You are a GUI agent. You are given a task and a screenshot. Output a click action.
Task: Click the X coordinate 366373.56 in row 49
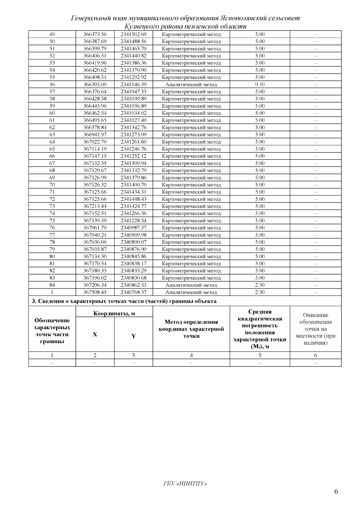[x=95, y=34]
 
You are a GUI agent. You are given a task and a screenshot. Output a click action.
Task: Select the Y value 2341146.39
[x=133, y=85]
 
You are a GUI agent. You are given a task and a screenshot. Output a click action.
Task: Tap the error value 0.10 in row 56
[x=260, y=85]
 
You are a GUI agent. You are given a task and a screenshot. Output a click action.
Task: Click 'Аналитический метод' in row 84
[x=191, y=285]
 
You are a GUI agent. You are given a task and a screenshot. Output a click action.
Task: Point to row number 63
[x=52, y=135]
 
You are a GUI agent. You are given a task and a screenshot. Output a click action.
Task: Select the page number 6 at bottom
[x=336, y=491]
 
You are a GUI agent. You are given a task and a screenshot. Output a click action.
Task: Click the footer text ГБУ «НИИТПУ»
[x=185, y=484]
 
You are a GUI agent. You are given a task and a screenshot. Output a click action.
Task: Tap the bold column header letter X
[x=95, y=334]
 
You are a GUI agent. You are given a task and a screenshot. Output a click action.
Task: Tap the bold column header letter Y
[x=133, y=336]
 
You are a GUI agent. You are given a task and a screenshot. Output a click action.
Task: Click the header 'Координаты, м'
[x=114, y=314]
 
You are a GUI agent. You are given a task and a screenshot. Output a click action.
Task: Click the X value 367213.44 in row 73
[x=95, y=206]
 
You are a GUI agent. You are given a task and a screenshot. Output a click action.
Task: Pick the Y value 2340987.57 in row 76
[x=133, y=228]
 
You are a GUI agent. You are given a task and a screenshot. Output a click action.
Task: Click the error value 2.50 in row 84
[x=260, y=285]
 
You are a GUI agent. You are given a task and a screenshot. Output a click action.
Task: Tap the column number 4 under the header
[x=191, y=356]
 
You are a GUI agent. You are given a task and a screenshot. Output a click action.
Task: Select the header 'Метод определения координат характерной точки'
[x=191, y=329]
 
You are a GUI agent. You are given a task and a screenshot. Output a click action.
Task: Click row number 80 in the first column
[x=52, y=256]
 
